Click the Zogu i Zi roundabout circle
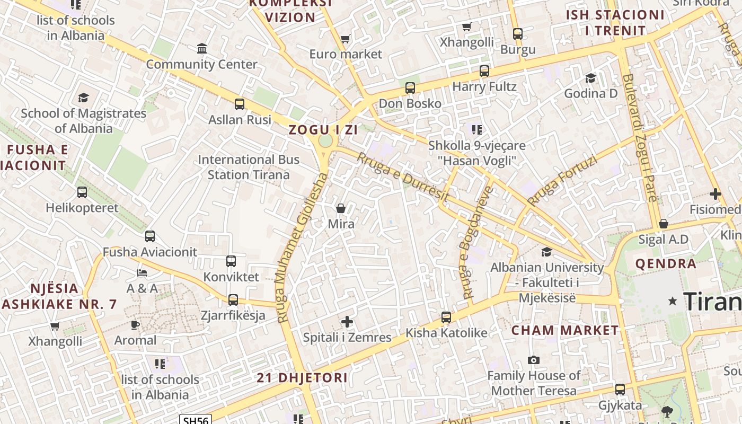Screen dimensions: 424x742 325,141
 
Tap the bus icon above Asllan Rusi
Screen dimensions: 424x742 240,104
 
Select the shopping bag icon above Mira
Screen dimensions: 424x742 341,208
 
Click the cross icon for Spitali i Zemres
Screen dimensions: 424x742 347,322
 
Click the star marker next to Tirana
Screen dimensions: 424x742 673,301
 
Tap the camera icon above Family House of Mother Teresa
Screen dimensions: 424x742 534,360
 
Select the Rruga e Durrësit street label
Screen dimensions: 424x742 403,177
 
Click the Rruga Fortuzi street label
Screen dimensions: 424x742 562,181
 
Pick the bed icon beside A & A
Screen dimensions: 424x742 142,273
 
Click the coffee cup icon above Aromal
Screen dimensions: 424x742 135,325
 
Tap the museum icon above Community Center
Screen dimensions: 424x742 202,49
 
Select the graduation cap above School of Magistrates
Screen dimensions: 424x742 83,98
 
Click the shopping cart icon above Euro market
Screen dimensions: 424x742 346,39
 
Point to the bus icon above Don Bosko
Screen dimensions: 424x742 410,88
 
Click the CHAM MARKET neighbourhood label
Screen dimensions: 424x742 565,330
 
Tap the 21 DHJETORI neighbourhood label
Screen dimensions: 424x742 302,378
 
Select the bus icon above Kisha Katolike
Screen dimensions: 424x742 446,317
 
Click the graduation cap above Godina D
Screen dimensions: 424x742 590,78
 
